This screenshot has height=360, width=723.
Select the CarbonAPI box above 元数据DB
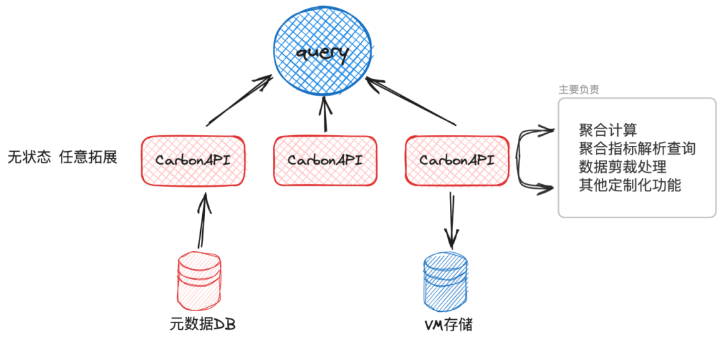(x=193, y=161)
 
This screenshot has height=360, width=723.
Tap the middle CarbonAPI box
(x=325, y=161)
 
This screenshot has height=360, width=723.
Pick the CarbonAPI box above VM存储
(x=457, y=161)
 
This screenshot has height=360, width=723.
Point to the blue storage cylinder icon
(x=445, y=280)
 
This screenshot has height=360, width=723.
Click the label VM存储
(x=448, y=325)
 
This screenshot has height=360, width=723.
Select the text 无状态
(x=29, y=158)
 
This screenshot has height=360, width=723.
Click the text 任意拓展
(x=88, y=158)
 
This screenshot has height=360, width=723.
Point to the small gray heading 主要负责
(x=578, y=90)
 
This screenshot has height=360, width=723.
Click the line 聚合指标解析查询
(x=637, y=149)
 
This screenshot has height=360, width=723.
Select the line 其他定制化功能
(x=630, y=185)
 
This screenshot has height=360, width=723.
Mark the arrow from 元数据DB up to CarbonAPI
(x=202, y=221)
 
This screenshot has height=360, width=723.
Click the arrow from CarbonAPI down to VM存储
(x=452, y=221)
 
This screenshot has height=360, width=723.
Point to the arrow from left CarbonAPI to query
(x=239, y=101)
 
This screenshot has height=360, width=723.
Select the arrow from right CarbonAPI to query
(x=411, y=102)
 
